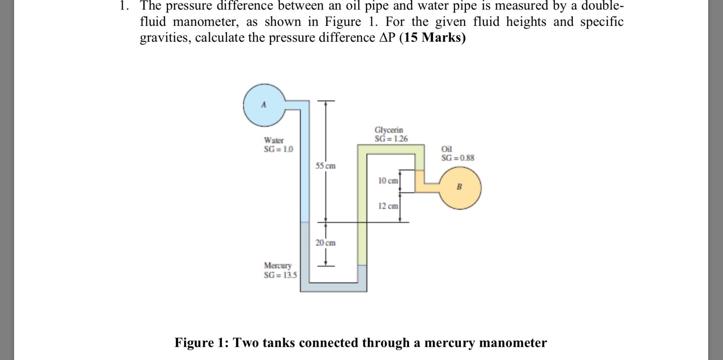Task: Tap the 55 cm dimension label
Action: point(325,166)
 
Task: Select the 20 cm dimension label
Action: point(325,243)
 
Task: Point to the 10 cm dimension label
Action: point(388,181)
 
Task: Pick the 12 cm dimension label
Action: point(388,206)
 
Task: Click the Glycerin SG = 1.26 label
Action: point(391,134)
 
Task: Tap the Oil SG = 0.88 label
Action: point(458,154)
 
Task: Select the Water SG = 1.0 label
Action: point(278,145)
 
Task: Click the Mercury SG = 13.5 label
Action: point(280,270)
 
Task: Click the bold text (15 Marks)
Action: point(432,37)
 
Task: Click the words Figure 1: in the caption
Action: point(202,342)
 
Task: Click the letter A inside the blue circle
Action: point(263,105)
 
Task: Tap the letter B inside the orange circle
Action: point(459,187)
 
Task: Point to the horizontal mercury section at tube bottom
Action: point(333,287)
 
